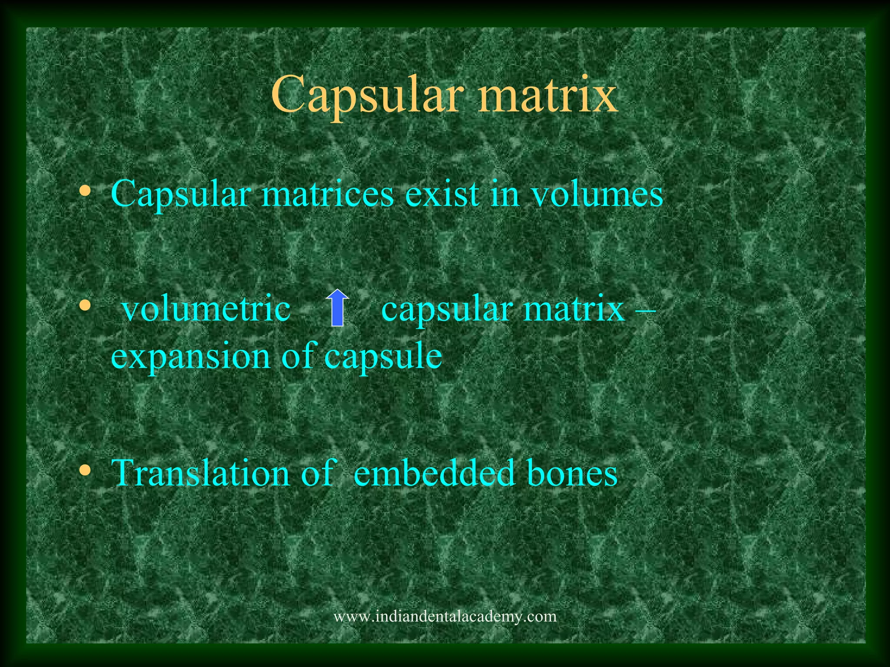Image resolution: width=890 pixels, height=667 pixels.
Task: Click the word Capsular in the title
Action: [364, 95]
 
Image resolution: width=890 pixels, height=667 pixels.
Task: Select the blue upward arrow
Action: [338, 308]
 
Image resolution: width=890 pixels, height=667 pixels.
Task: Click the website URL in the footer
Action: [445, 616]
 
